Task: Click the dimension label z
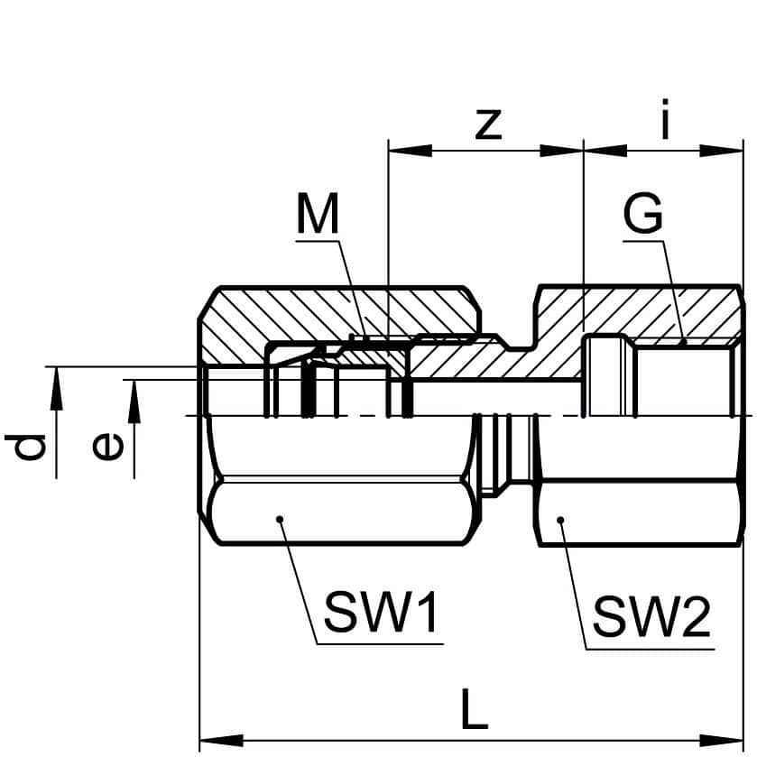[x=487, y=124]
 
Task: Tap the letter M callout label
[x=317, y=217]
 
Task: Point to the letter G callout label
[x=642, y=217]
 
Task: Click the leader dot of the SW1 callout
[x=281, y=519]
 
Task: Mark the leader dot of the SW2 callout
[x=561, y=520]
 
